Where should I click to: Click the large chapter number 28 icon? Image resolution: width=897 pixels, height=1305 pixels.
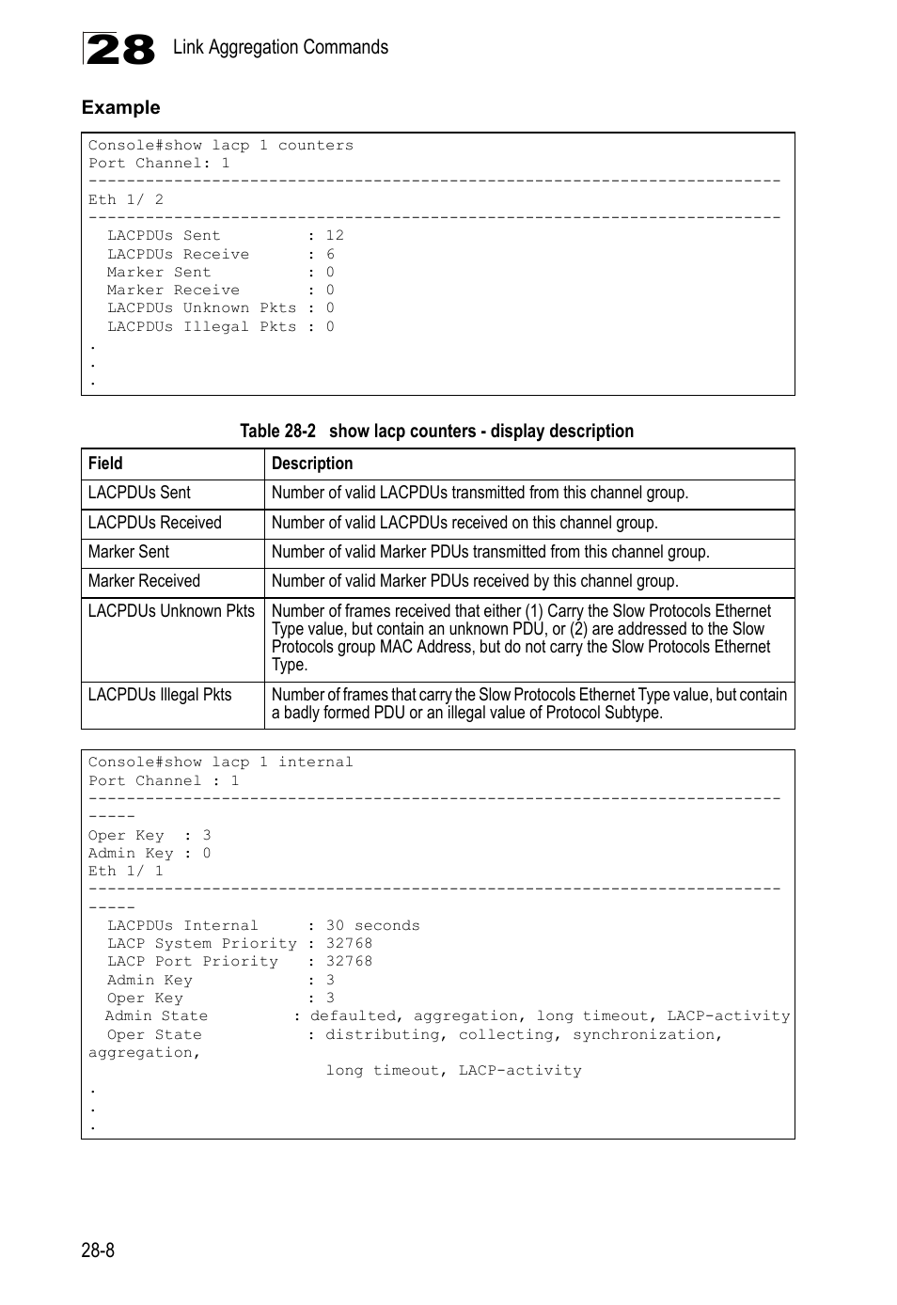119,49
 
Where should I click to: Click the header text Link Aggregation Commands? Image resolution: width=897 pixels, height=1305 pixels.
280,47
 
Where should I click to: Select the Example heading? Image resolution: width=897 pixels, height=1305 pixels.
120,107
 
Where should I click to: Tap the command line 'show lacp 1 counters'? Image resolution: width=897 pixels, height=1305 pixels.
221,146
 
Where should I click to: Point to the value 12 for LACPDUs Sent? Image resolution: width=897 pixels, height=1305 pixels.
335,236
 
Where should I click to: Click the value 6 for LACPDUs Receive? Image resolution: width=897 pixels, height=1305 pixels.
330,255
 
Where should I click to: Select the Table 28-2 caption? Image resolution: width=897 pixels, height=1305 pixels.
436,431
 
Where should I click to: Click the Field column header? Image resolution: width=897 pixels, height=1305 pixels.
105,464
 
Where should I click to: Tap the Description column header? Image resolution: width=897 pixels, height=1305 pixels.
312,464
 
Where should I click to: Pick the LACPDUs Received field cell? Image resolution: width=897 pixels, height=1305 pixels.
154,523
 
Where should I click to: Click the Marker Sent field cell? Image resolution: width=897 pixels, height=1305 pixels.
129,552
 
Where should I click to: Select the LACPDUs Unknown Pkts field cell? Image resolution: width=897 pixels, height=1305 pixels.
171,611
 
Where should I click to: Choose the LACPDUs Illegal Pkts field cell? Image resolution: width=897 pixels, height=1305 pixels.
160,695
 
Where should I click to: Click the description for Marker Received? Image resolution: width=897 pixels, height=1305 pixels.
475,581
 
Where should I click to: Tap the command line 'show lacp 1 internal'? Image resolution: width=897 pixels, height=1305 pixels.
221,763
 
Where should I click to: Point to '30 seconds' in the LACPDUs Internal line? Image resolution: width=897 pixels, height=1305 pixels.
372,926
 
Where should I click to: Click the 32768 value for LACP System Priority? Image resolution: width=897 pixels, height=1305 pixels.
349,944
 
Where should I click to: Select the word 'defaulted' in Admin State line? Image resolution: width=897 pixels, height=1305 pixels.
353,1016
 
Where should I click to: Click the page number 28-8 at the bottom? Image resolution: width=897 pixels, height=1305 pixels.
98,1250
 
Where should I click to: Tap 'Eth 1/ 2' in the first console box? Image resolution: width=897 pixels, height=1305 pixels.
126,200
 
